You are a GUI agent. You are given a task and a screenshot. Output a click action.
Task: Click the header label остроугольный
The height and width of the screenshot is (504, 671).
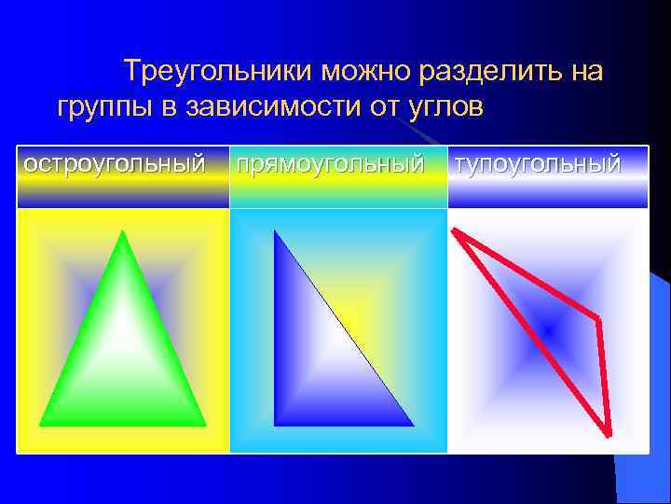pyautogui.click(x=115, y=164)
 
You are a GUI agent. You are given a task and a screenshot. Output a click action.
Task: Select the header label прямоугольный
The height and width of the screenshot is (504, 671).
pyautogui.click(x=331, y=164)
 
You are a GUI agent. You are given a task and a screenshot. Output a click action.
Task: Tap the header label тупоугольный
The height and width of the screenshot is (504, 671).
pyautogui.click(x=538, y=164)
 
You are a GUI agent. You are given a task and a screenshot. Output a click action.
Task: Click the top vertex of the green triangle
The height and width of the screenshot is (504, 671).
pyautogui.click(x=122, y=231)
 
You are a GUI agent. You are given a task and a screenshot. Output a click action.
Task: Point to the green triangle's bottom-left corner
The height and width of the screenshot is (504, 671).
pyautogui.click(x=41, y=425)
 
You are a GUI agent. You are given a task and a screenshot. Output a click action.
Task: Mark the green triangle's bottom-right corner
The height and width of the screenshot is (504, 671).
pyautogui.click(x=204, y=425)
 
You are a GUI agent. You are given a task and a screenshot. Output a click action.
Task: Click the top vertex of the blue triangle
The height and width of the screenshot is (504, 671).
pyautogui.click(x=275, y=231)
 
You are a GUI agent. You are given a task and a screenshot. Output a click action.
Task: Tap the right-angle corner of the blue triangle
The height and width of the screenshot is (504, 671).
pyautogui.click(x=275, y=425)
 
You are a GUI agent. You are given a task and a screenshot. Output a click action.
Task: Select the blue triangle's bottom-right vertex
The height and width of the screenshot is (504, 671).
pyautogui.click(x=413, y=425)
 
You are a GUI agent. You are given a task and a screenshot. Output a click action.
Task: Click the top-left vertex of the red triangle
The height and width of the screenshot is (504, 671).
pyautogui.click(x=454, y=230)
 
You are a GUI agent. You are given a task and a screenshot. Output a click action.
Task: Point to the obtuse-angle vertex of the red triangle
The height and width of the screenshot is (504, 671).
pyautogui.click(x=597, y=320)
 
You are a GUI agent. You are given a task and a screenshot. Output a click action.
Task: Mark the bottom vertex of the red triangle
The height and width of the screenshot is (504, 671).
pyautogui.click(x=609, y=434)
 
